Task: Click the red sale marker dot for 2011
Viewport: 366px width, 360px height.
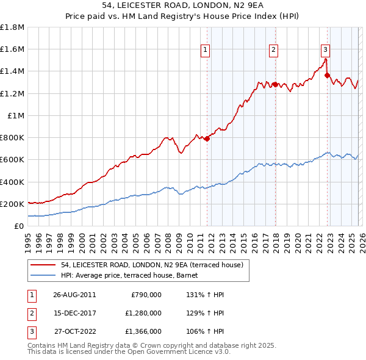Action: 207,139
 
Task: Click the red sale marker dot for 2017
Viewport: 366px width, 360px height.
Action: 275,84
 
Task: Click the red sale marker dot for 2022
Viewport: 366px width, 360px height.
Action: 328,75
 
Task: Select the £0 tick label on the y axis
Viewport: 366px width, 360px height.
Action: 20,226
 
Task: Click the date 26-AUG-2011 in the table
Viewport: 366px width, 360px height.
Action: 74,295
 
